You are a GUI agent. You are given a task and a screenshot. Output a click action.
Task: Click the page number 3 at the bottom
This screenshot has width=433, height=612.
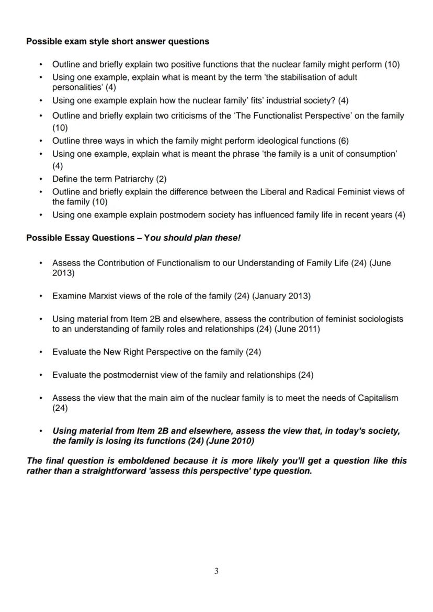point(216,571)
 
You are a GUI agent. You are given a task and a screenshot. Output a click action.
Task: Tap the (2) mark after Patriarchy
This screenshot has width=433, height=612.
point(161,179)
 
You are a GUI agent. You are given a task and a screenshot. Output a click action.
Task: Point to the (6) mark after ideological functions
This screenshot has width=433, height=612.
point(343,141)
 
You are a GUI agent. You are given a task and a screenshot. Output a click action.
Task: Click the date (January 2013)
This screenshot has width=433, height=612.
point(281,296)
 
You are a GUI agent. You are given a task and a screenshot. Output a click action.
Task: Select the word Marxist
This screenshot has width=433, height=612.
point(101,296)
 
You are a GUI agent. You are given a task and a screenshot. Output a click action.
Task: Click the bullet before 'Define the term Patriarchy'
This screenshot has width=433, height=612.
point(41,179)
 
